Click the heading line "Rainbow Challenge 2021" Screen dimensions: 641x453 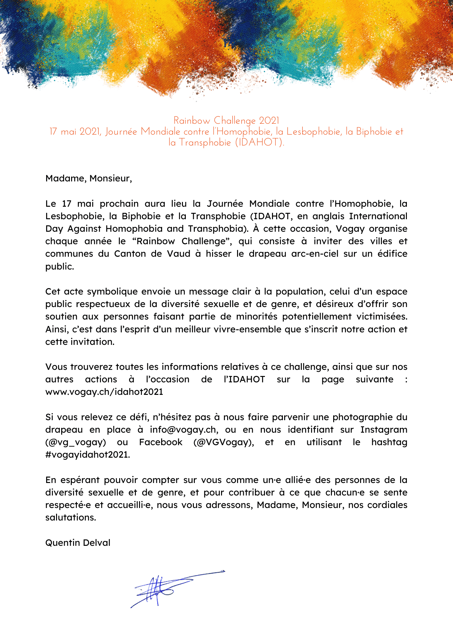pyautogui.click(x=226, y=121)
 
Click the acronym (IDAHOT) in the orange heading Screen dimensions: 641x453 pyautogui.click(x=259, y=142)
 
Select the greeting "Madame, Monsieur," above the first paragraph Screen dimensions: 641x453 pyautogui.click(x=89, y=179)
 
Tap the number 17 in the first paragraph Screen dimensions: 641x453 pyautogui.click(x=67, y=204)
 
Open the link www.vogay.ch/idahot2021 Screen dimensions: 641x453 pyautogui.click(x=104, y=392)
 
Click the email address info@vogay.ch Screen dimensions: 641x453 pyautogui.click(x=184, y=430)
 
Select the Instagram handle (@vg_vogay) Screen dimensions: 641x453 pyautogui.click(x=76, y=442)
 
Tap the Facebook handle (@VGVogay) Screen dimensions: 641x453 pyautogui.click(x=224, y=442)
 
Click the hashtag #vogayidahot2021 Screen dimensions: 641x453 pyautogui.click(x=87, y=455)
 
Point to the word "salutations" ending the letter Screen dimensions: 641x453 pyautogui.click(x=70, y=518)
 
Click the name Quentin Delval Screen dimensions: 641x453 pyautogui.click(x=78, y=543)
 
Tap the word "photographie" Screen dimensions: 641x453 pyautogui.click(x=363, y=417)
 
